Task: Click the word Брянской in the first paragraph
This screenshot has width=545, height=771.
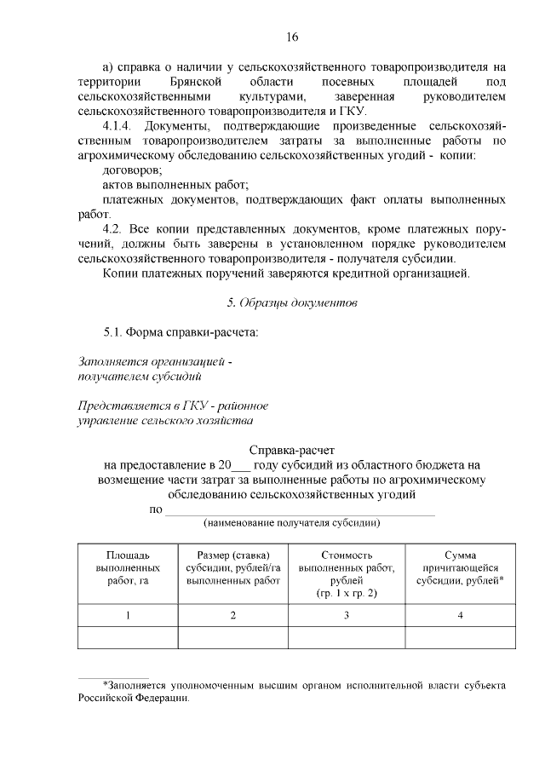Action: tap(196, 81)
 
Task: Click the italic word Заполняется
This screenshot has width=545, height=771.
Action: tap(111, 361)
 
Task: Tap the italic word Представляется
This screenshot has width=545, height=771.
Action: tap(121, 406)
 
